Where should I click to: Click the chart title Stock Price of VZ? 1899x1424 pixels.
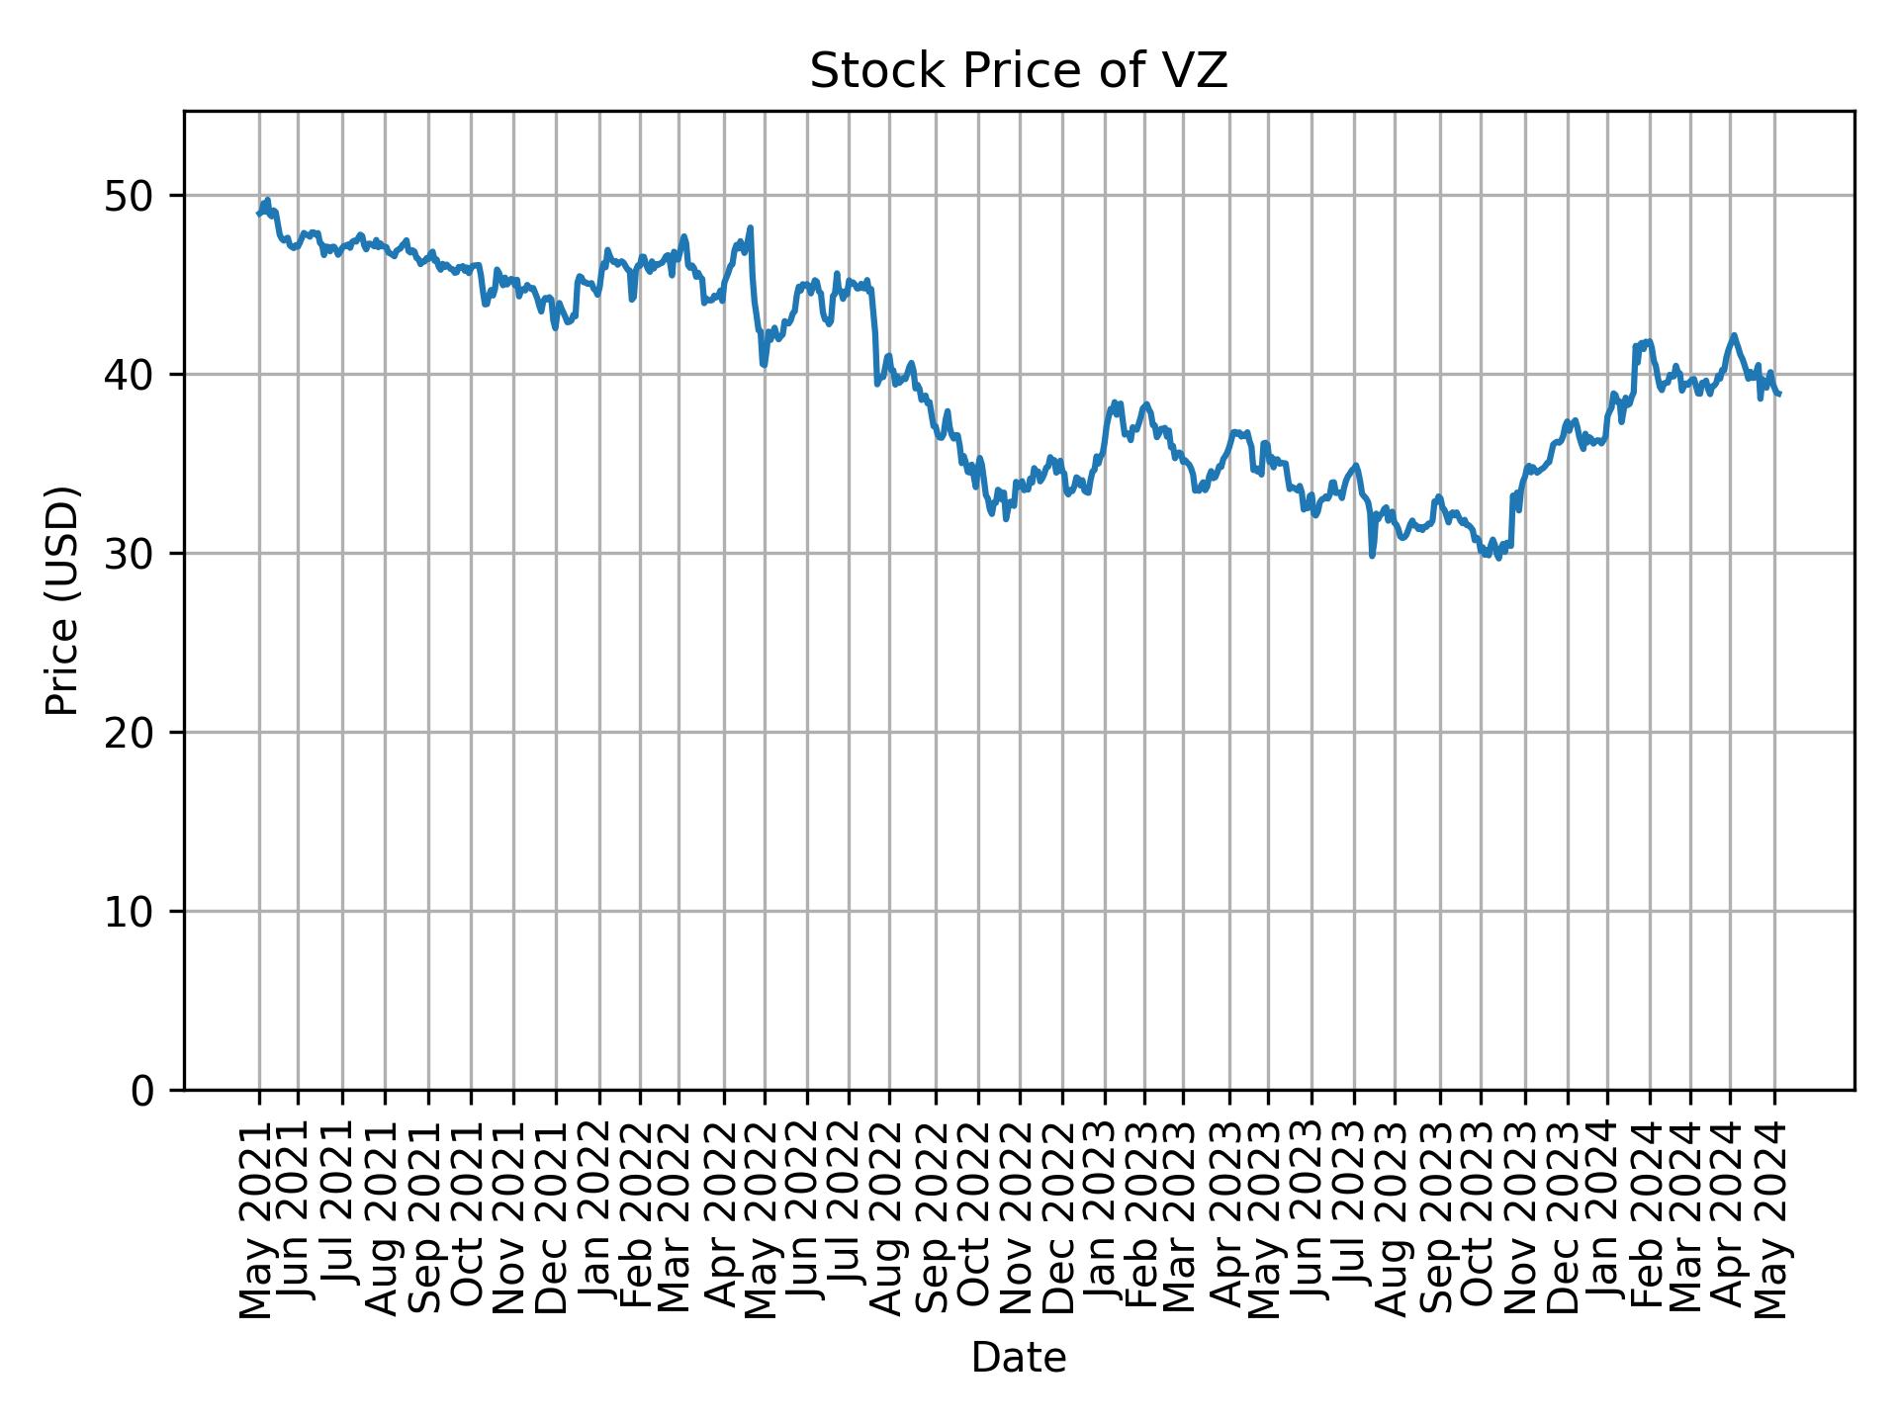(x=1018, y=71)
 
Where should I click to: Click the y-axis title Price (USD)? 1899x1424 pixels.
(x=62, y=600)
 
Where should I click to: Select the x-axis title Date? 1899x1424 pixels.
(x=1018, y=1358)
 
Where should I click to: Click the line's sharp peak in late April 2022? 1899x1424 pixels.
(x=751, y=227)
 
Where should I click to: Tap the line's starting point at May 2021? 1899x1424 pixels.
(x=258, y=213)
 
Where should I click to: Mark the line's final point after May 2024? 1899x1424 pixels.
(x=1779, y=395)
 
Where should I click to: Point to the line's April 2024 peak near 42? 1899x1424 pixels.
(x=1734, y=335)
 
